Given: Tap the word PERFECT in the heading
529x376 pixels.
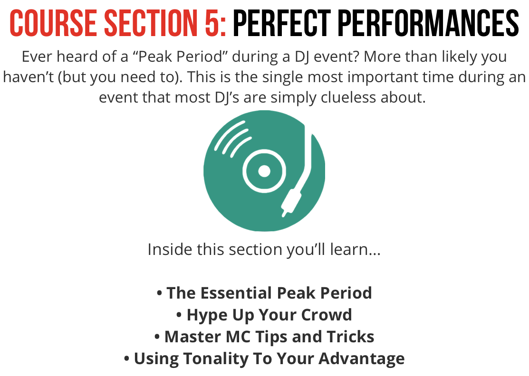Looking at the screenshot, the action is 282,23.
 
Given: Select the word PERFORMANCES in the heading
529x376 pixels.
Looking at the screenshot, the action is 428,23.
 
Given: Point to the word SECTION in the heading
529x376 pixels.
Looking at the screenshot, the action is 151,23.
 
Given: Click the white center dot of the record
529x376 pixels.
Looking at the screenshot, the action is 264,171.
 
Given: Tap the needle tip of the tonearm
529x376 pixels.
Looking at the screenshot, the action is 284,214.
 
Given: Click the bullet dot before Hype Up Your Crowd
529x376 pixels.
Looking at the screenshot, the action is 179,315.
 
